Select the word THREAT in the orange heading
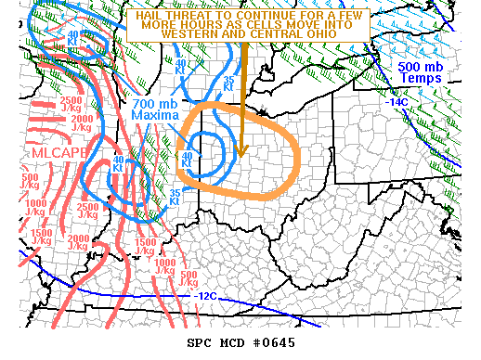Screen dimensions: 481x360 click(190, 16)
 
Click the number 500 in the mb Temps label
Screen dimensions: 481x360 click(409, 68)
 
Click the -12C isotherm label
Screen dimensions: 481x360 click(208, 296)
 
